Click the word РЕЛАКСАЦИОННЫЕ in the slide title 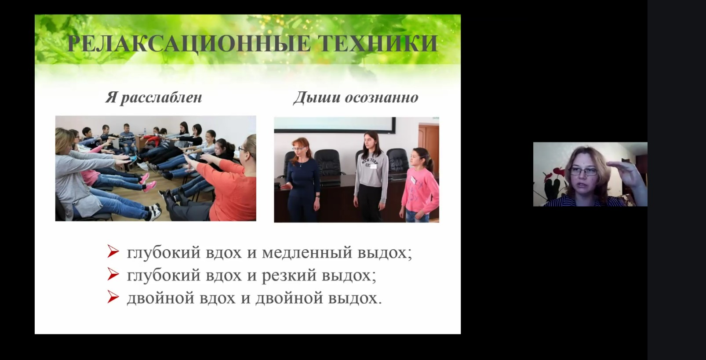tap(188, 43)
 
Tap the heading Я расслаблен tap(153, 98)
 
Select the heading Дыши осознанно tap(356, 98)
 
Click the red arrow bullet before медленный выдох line tap(113, 251)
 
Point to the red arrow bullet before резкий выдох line tap(113, 274)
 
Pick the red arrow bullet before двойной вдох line tap(113, 297)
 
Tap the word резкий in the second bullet tap(289, 276)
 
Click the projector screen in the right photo tap(334, 125)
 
